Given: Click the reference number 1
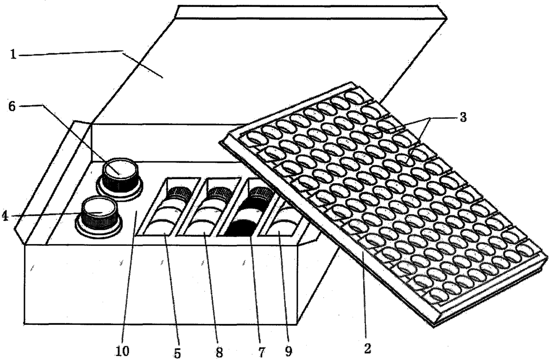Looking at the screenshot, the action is click(13, 54).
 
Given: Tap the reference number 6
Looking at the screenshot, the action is click(12, 106).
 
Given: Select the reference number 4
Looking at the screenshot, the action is click(5, 216).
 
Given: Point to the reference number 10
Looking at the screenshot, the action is click(122, 351).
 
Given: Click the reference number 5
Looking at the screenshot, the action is click(178, 353).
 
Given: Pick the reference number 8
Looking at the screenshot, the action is click(219, 352).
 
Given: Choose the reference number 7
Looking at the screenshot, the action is click(261, 352).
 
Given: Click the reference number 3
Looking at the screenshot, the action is click(463, 117).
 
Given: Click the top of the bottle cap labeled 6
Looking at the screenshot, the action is click(120, 169).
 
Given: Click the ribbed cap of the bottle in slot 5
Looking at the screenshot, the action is click(179, 193).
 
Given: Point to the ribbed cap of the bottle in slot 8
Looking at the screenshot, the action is click(220, 193).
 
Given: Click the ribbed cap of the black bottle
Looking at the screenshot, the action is click(262, 193).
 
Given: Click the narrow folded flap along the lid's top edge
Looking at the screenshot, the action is click(311, 12).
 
